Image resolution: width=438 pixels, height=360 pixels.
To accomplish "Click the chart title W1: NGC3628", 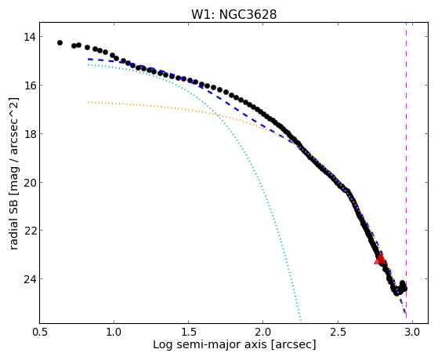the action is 233,15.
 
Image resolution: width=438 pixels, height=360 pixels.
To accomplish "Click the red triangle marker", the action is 381,259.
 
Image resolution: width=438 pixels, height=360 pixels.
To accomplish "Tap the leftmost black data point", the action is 60,43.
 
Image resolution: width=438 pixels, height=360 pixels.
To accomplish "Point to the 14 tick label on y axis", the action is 29,37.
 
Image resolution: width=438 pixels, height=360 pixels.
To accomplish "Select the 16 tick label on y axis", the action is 29,85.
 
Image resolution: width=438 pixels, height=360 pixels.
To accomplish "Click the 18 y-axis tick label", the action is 29,133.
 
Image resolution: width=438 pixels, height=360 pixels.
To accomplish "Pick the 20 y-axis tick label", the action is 29,183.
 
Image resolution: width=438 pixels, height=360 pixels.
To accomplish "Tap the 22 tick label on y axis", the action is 29,231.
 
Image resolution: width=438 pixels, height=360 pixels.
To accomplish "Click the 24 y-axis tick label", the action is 29,279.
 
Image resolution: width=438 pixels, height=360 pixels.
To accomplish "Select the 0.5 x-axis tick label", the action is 40,333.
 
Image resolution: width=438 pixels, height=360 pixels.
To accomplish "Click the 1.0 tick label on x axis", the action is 114,333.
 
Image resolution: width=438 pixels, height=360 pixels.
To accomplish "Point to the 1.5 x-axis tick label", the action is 189,333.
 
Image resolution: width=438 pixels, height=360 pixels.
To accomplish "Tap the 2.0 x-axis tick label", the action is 263,333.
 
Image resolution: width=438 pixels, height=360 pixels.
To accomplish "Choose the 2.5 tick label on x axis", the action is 338,333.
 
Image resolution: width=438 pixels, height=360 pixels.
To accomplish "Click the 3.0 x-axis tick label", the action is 412,333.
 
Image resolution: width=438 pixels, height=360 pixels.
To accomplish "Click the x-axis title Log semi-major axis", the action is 210,345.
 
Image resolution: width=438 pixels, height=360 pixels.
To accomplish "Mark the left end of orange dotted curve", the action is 88,102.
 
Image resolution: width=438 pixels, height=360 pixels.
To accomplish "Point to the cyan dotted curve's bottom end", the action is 301,321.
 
